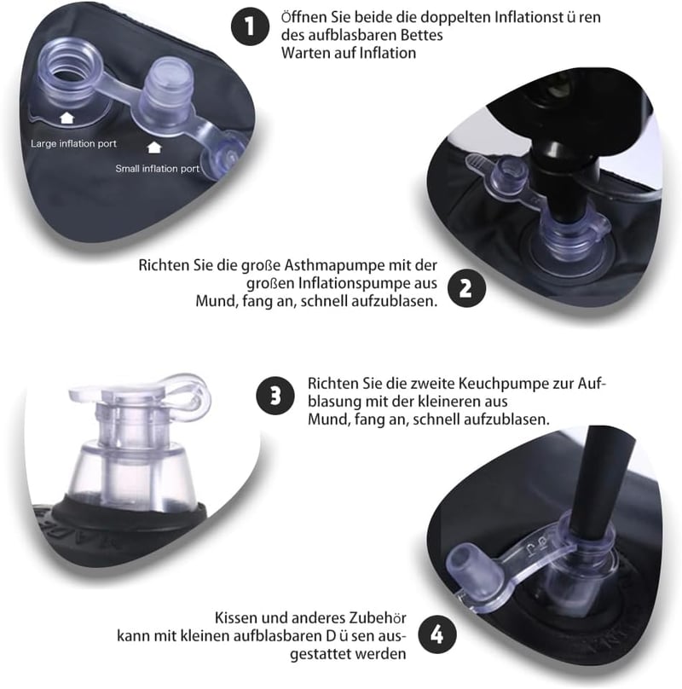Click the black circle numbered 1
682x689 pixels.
pos(250,26)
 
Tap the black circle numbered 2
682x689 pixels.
pos(466,288)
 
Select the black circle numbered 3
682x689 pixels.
pos(275,396)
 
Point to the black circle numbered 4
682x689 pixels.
pos(436,635)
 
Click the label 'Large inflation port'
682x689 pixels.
pos(73,144)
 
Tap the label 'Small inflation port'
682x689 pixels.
pos(158,168)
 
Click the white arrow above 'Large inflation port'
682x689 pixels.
pos(66,118)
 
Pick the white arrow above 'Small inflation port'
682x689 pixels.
pos(154,148)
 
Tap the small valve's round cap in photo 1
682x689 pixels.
pos(223,159)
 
